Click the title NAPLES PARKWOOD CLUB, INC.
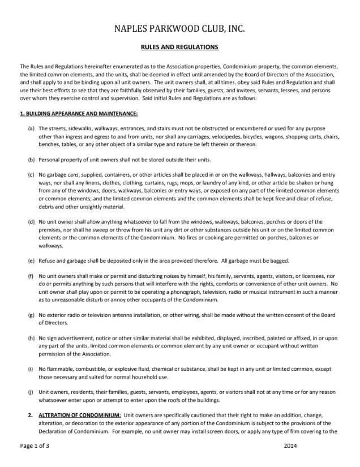coord(179,28)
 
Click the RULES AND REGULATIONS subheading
coord(179,47)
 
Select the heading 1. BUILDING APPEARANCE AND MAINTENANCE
coord(79,113)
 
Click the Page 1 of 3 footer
coord(35,446)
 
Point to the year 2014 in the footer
coord(290,446)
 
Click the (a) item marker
coord(31,129)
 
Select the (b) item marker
coord(31,159)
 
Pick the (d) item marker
coord(31,221)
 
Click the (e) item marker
coord(31,260)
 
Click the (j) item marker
coord(31,392)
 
